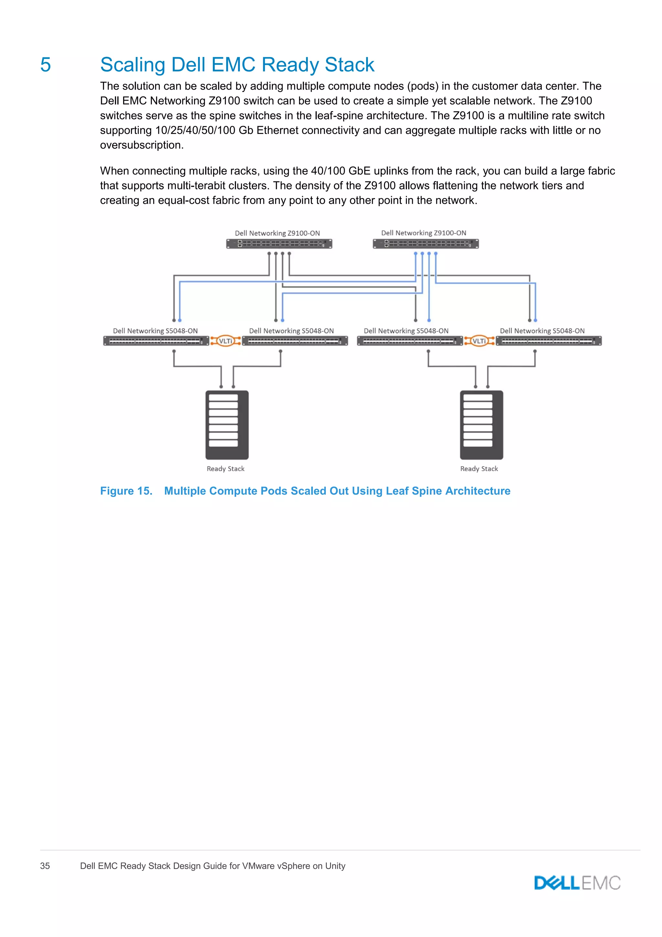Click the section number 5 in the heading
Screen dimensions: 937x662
(46, 65)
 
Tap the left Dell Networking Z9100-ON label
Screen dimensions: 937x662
(277, 233)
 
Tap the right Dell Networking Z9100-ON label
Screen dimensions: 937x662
(423, 233)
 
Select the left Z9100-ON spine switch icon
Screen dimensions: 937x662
(279, 244)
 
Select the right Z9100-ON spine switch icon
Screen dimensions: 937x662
(426, 244)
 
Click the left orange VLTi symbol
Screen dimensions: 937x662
(225, 341)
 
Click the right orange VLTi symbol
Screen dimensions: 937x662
(479, 341)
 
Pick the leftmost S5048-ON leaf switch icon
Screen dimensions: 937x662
(156, 341)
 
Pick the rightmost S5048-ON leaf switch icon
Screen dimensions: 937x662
(549, 341)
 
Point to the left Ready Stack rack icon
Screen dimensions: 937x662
(227, 425)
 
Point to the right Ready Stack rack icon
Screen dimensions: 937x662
(481, 425)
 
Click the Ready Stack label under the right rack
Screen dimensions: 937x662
(479, 469)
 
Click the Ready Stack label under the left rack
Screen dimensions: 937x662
(225, 469)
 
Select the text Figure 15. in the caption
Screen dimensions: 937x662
(126, 491)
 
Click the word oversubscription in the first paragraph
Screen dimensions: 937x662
(142, 145)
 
